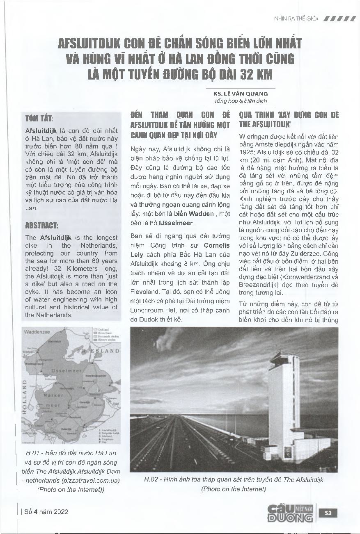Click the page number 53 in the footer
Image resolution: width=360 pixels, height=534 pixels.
[328, 513]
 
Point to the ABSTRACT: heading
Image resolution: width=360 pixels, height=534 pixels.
[41, 225]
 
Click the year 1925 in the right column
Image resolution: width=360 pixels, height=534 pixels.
[247, 151]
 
